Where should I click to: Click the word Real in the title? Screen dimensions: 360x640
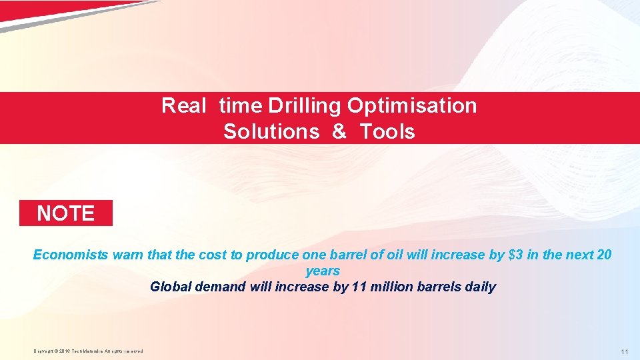coord(184,106)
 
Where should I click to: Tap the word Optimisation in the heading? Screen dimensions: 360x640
coord(412,106)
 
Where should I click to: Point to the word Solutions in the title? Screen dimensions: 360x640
coord(271,132)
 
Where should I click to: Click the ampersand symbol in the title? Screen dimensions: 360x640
coord(339,132)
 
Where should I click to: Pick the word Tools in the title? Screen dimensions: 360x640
coord(387,132)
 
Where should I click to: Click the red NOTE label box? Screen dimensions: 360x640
coord(65,213)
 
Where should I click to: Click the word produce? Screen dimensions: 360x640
coord(272,255)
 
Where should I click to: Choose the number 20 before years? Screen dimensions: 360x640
coord(603,255)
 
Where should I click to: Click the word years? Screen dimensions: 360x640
coord(323,271)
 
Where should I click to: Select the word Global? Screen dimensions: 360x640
coord(171,287)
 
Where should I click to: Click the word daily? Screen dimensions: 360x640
coord(480,287)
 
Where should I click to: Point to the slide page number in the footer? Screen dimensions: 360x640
coord(624,351)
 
